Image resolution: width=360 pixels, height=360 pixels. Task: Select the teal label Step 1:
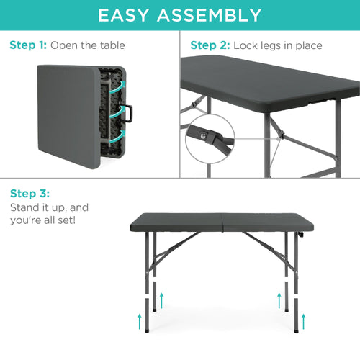[x=28, y=45]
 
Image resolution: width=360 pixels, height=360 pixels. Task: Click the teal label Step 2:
[x=210, y=45]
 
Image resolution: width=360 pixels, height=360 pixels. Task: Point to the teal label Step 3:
[x=30, y=194]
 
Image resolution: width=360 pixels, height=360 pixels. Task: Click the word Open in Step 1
[x=64, y=45]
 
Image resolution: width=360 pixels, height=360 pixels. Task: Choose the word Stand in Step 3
[x=25, y=207]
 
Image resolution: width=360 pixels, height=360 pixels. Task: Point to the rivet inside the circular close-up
[x=204, y=132]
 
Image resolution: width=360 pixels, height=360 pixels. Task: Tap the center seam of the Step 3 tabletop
[x=215, y=222]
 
